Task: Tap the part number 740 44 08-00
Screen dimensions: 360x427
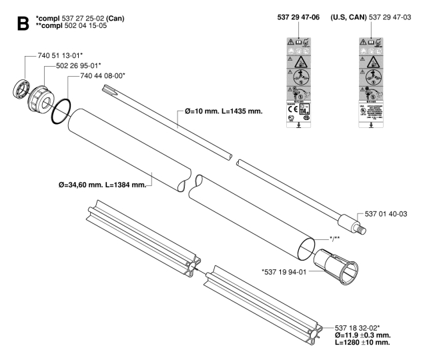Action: pos(109,77)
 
